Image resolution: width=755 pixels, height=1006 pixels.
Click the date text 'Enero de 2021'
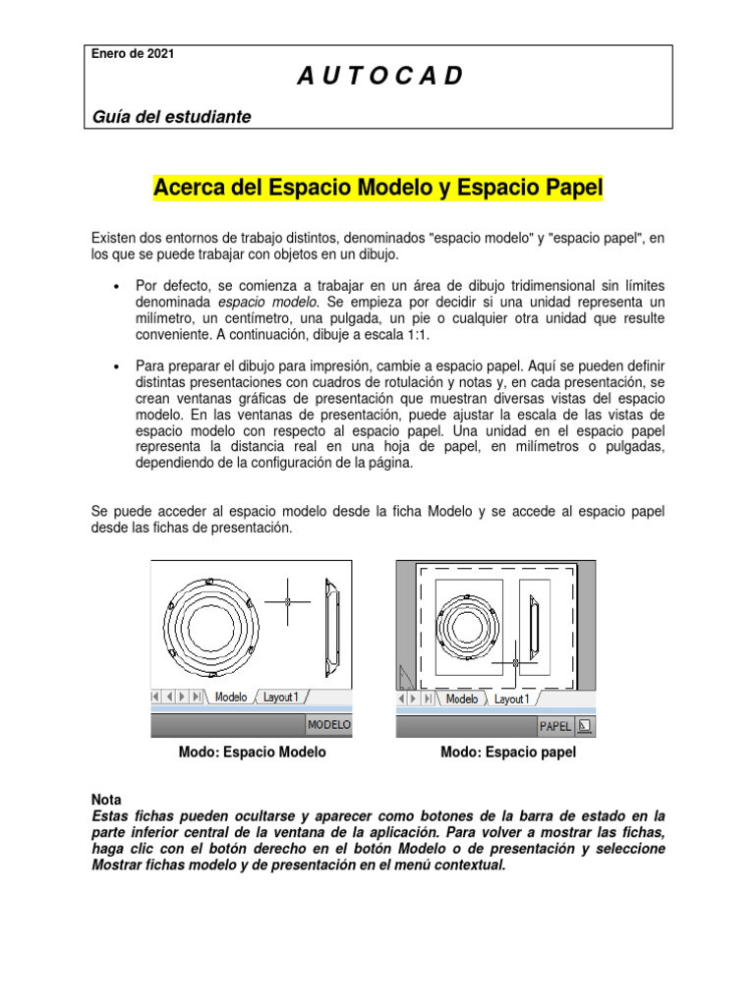[x=133, y=54]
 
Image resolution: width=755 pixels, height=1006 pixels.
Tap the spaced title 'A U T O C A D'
[x=378, y=77]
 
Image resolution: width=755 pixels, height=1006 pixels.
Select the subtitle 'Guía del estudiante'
[x=171, y=117]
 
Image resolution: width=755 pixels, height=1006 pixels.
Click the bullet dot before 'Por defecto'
[x=117, y=285]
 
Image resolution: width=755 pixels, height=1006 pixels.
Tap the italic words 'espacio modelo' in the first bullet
[x=260, y=302]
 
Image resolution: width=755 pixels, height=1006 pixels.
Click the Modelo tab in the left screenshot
[x=231, y=697]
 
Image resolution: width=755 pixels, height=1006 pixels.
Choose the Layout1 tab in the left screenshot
[x=280, y=697]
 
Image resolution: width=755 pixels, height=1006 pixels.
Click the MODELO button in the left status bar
[x=329, y=725]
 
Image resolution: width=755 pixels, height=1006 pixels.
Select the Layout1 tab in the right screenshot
[x=511, y=699]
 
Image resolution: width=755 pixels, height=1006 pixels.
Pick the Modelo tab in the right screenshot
[x=461, y=699]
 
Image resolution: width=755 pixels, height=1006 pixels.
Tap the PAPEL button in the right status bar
[x=555, y=726]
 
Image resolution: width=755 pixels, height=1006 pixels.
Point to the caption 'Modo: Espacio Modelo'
[x=253, y=753]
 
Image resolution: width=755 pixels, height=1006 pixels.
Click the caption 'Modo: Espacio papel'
[x=508, y=753]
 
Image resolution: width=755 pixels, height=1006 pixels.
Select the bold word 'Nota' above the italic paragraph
[x=107, y=801]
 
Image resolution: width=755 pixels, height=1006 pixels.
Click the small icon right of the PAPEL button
[x=584, y=726]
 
